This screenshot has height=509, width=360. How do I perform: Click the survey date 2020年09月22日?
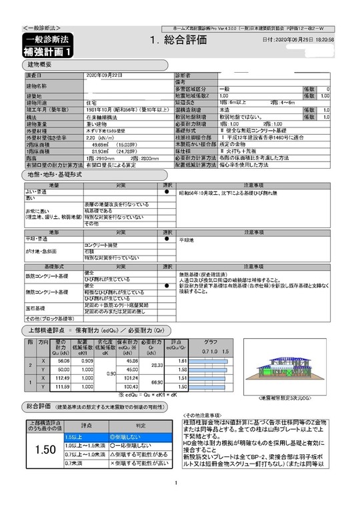pos(105,75)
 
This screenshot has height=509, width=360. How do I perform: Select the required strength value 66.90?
pos(157,382)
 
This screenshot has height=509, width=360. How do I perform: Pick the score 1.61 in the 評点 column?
pos(181,360)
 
